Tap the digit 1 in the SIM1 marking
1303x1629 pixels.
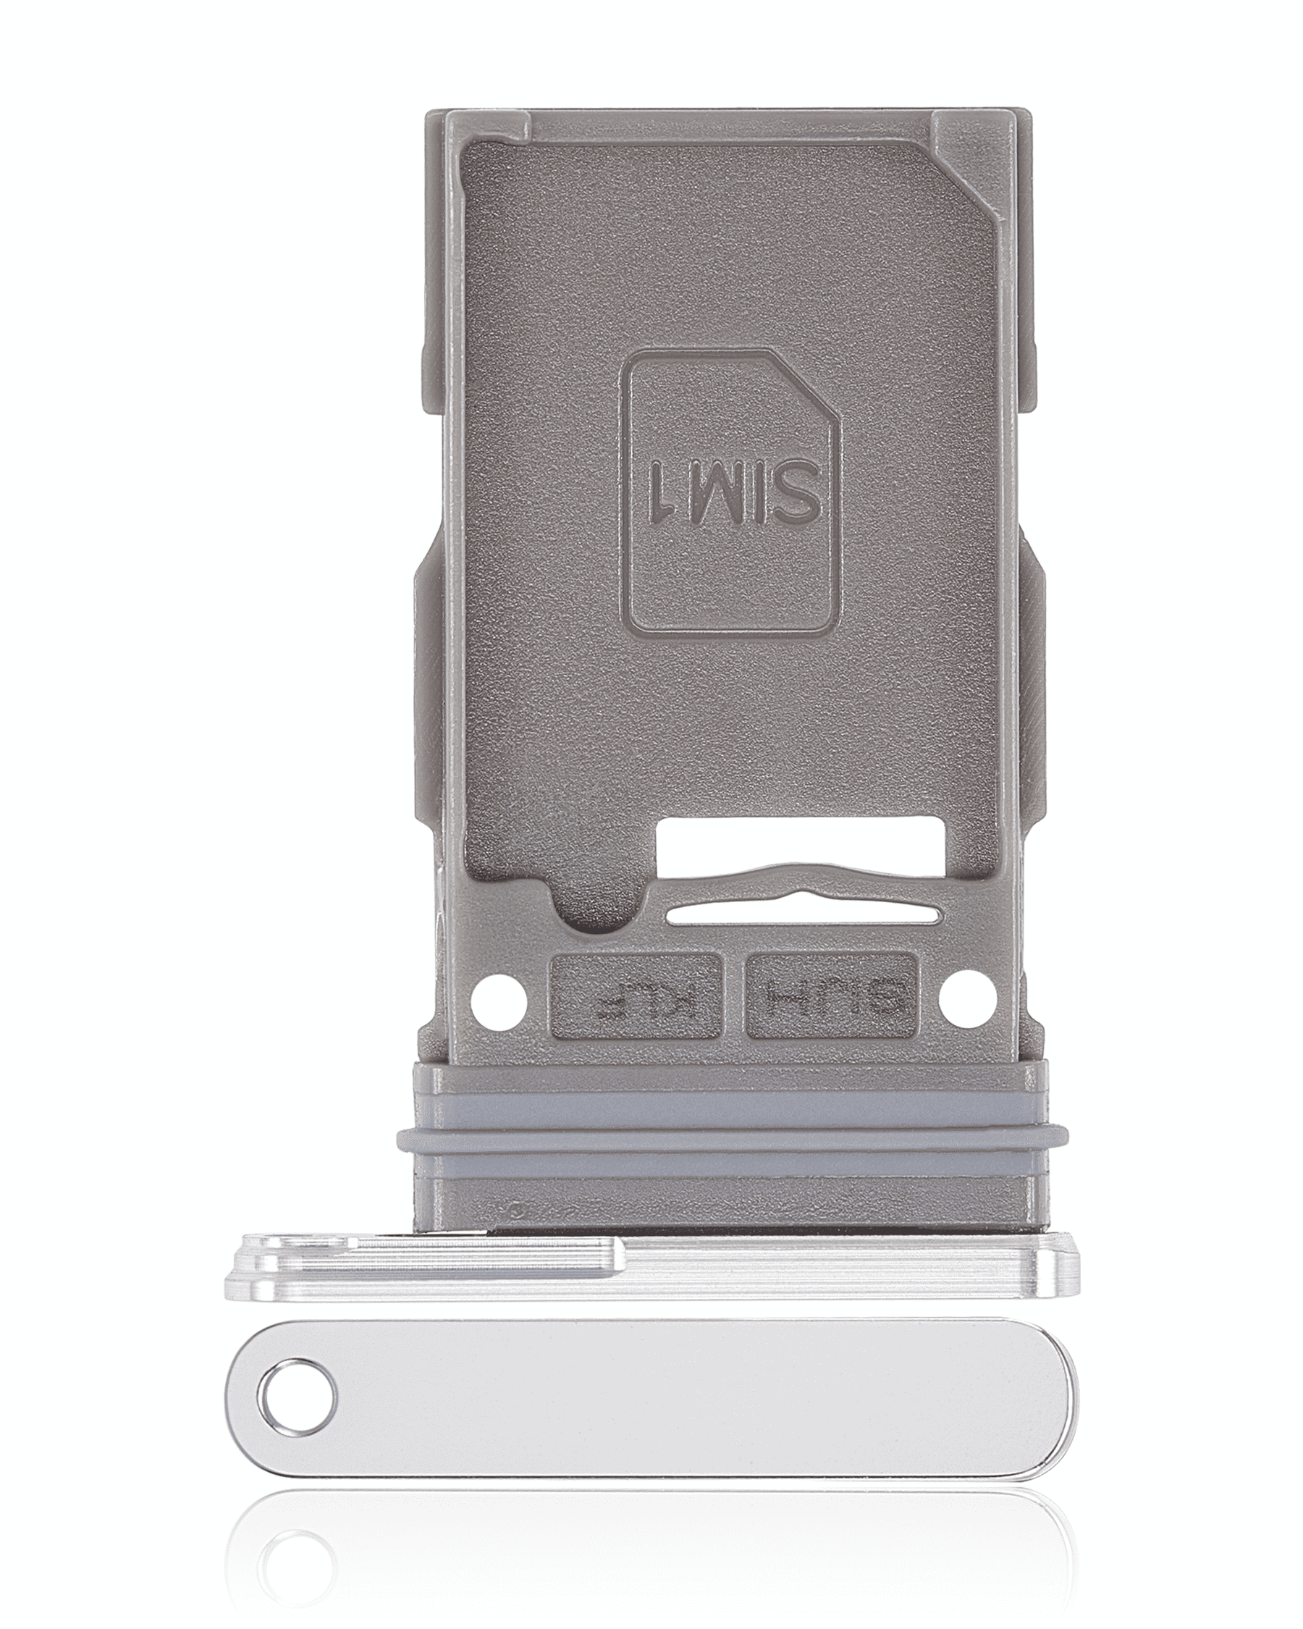pyautogui.click(x=661, y=492)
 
